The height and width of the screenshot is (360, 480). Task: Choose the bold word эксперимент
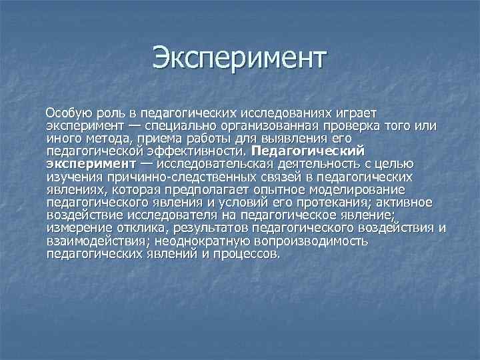click(91, 163)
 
